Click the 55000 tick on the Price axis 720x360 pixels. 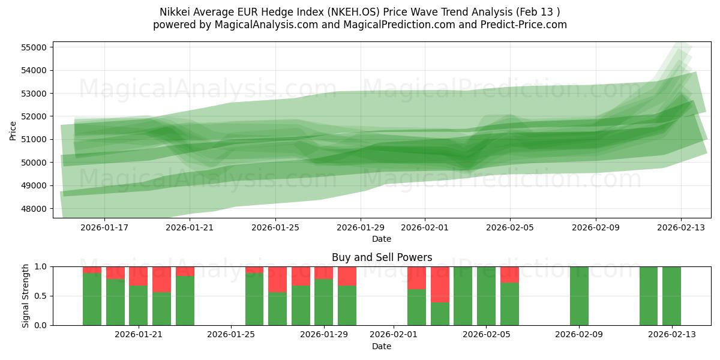tap(36, 47)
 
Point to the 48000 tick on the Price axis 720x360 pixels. tap(36, 209)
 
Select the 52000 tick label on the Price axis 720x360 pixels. tap(36, 116)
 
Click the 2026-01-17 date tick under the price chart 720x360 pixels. tap(104, 228)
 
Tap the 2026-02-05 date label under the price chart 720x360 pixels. tap(510, 228)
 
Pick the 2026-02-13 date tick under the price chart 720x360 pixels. tap(680, 228)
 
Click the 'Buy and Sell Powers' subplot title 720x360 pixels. tap(382, 257)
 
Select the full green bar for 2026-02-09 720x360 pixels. tap(579, 296)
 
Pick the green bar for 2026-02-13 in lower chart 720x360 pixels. tap(671, 296)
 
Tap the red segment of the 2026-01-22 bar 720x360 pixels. tap(161, 279)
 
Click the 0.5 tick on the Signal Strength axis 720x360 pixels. tap(43, 296)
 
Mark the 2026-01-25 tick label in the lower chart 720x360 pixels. tap(231, 334)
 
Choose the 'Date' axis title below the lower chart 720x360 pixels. tap(382, 346)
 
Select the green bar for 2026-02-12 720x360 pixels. tap(649, 296)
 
